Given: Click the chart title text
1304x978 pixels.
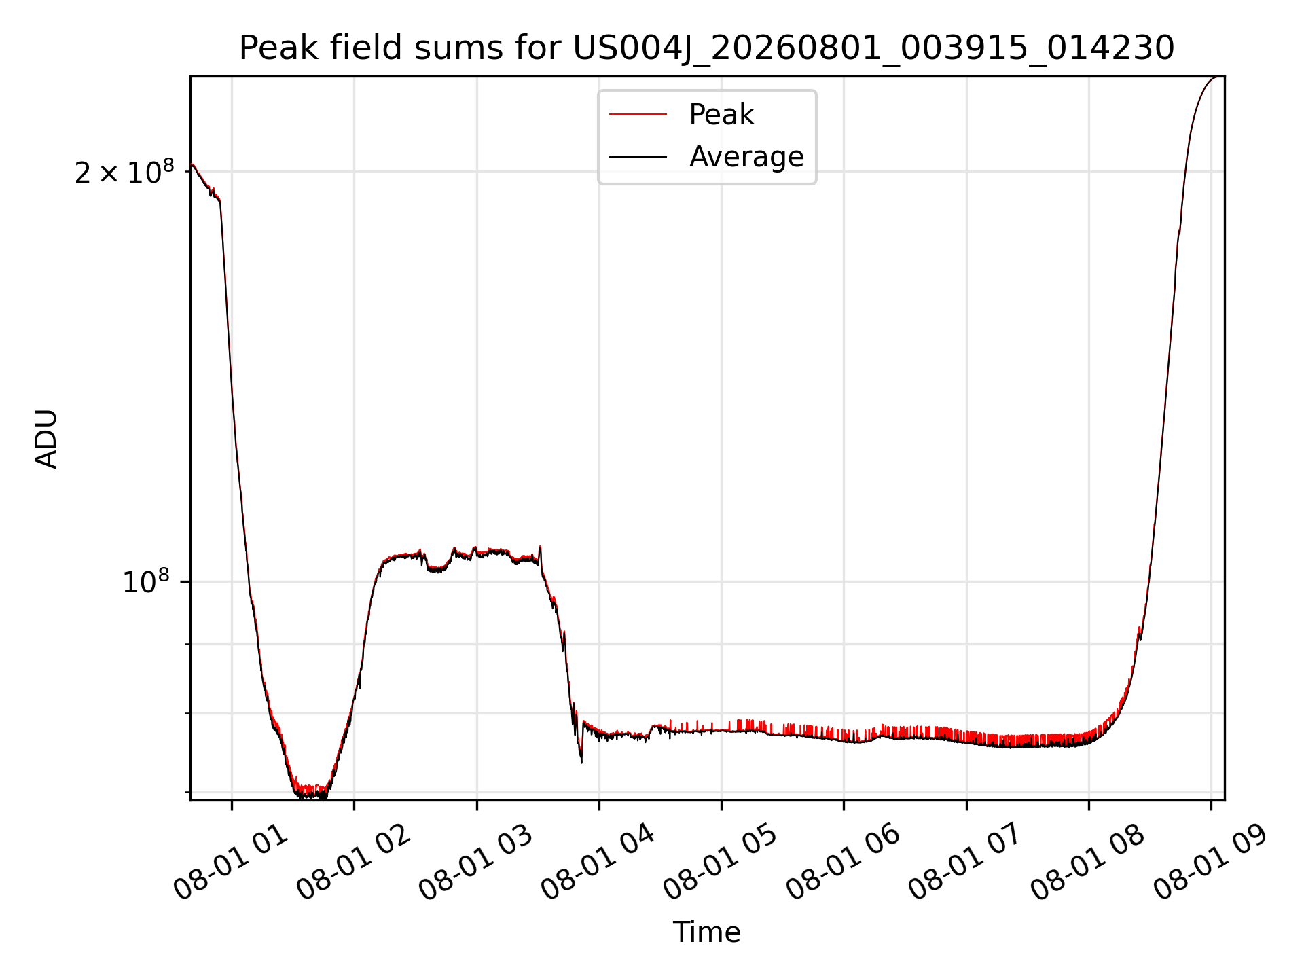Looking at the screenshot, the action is (706, 48).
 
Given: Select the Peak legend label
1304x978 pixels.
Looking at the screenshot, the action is (721, 115).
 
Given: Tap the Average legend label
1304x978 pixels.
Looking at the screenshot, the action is (746, 157).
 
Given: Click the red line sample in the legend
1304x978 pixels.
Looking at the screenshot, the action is (638, 115).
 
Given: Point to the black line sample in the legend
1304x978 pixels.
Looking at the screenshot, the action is (638, 157).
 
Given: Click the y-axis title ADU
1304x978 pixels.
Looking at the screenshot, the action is (46, 439).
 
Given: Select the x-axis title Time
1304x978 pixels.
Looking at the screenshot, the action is (706, 932).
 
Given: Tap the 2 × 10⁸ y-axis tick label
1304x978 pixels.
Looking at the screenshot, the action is (124, 173).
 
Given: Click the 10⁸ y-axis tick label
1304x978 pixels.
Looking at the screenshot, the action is (146, 582).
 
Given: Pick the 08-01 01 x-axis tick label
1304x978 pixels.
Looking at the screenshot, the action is (231, 863).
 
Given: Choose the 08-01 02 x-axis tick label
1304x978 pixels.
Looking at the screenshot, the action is (353, 863).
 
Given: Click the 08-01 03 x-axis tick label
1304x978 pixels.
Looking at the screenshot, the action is (475, 863).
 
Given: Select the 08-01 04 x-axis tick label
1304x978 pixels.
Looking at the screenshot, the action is (598, 863).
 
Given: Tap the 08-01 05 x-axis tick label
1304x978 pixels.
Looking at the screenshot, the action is (720, 863).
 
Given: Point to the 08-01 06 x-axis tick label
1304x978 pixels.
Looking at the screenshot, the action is (843, 863).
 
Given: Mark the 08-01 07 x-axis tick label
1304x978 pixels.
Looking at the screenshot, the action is (965, 863).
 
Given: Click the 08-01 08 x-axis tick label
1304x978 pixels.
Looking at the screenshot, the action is (1087, 863).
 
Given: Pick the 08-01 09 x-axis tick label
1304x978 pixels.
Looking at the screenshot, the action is (1210, 863).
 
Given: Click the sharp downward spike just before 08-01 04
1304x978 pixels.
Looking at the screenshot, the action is (581, 762).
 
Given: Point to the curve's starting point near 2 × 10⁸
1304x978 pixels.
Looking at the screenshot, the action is (192, 164).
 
